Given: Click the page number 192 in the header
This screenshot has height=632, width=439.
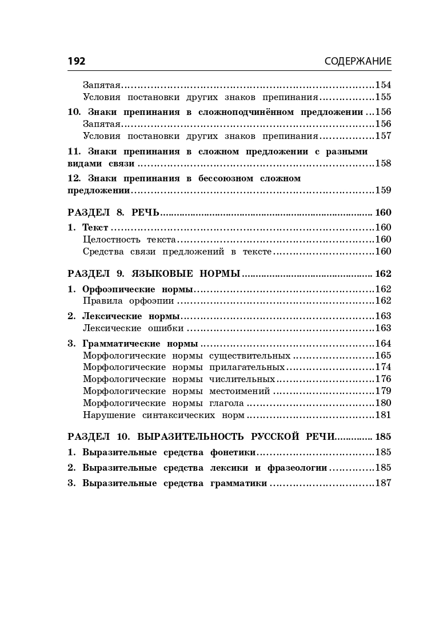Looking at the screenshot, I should point(77,61).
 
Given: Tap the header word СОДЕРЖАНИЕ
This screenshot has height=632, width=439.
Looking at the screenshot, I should point(358,61).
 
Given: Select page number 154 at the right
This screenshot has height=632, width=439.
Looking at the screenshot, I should point(383,85).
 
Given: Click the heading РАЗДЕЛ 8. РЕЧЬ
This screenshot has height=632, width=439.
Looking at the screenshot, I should point(113,212).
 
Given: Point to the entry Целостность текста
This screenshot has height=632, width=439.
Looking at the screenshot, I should point(129,239).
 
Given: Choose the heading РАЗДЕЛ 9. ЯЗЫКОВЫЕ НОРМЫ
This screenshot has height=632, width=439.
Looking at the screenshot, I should point(154,274).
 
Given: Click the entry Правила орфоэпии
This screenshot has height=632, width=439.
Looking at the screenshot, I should point(129,300).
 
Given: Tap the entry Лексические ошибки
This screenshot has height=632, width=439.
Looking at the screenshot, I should point(133,328).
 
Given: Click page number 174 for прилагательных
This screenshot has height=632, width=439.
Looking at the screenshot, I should point(383,367).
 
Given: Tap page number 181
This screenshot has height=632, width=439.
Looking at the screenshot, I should point(383,415).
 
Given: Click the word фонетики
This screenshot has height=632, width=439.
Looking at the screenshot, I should point(233,452).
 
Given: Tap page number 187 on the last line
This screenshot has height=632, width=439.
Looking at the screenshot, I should point(383,483).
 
